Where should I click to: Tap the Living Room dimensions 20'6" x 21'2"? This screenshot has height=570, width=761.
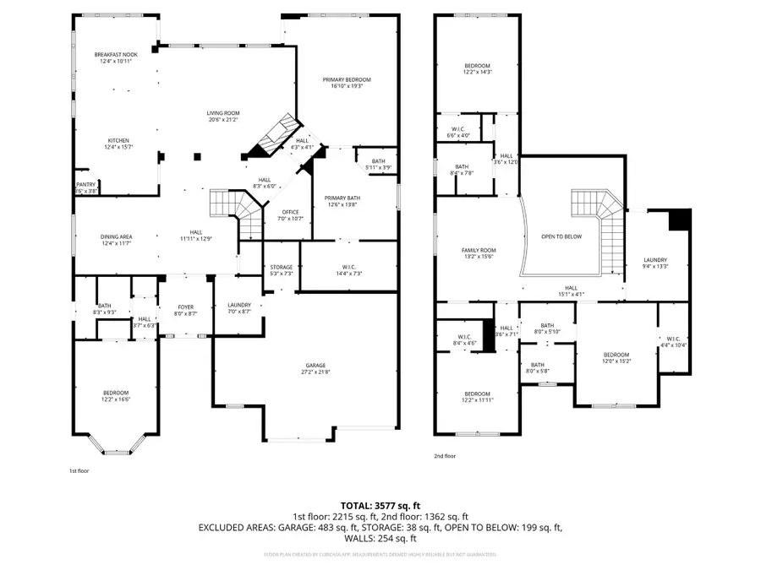click(x=224, y=120)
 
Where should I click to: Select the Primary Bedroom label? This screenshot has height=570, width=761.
click(x=347, y=79)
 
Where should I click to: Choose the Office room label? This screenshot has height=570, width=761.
click(x=291, y=211)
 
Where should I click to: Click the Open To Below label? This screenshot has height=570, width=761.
click(x=561, y=236)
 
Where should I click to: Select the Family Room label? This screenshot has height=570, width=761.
click(x=479, y=250)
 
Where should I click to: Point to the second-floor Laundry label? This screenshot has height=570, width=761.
click(x=654, y=260)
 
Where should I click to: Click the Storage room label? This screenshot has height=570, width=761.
click(x=282, y=267)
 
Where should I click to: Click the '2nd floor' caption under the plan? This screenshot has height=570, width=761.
click(x=444, y=456)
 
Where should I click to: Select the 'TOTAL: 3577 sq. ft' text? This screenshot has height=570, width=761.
click(x=380, y=505)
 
